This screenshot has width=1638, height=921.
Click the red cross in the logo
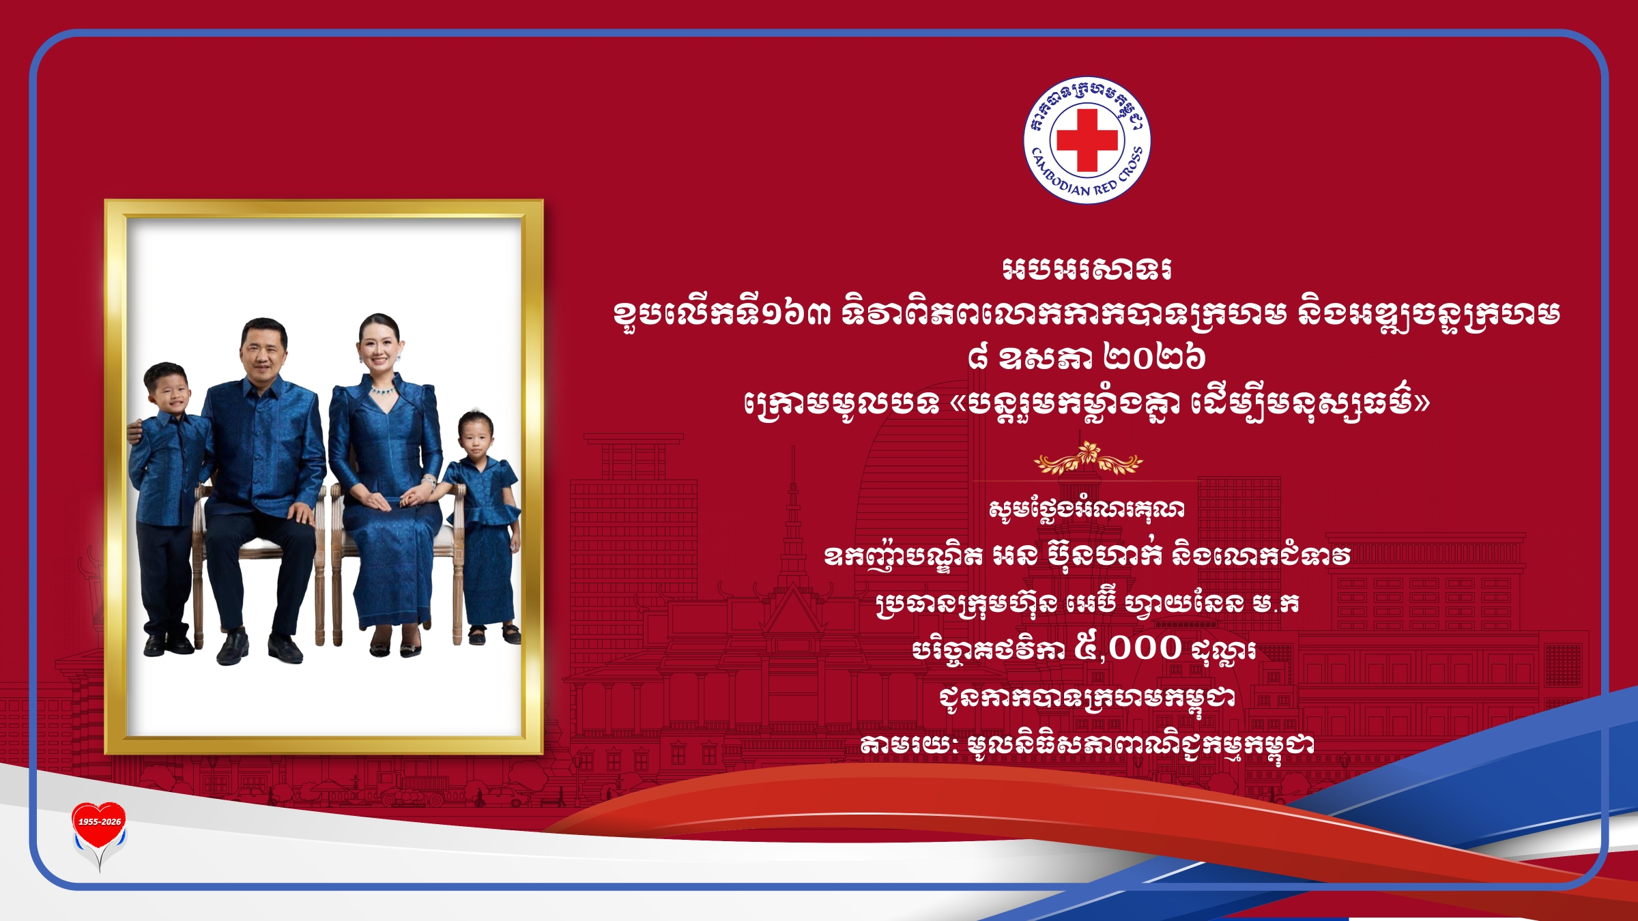[1087, 140]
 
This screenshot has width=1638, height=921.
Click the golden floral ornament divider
[1088, 458]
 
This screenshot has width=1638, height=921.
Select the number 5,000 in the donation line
[1127, 647]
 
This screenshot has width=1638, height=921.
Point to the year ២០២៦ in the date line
[1154, 356]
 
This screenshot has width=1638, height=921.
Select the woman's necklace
[383, 392]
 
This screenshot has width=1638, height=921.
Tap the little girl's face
[476, 439]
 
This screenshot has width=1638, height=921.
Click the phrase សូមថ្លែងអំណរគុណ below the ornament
[1087, 508]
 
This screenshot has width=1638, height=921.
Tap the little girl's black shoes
[493, 635]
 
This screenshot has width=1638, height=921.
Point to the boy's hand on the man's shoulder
[134, 430]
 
